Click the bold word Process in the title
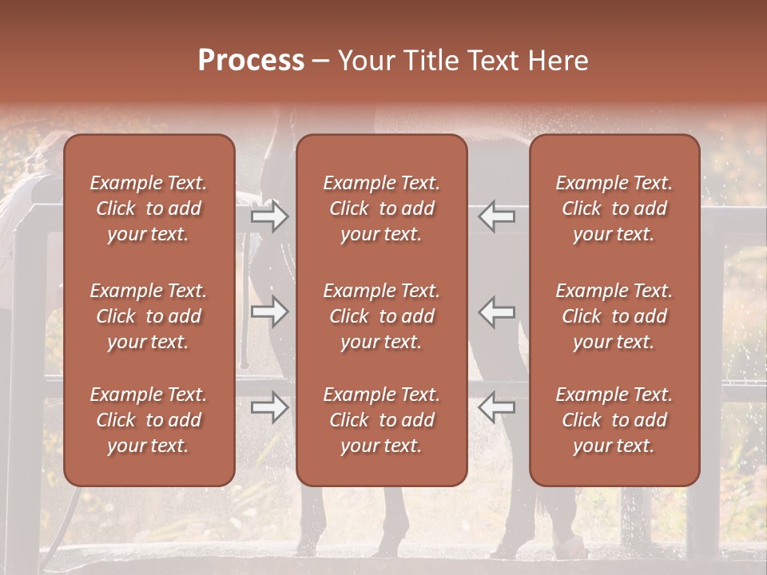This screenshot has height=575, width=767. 251,61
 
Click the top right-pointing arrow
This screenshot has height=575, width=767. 269,216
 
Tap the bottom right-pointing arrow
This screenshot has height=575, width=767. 269,407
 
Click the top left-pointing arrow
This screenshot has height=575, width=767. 496,216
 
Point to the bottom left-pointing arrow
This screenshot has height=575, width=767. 496,407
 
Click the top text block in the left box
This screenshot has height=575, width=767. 149,208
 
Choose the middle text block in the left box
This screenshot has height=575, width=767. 149,316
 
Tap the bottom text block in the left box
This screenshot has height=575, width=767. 149,420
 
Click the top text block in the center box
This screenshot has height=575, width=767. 382,208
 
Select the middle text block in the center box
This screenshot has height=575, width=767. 382,316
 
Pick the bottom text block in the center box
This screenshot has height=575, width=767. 382,420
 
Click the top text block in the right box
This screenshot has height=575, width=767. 614,208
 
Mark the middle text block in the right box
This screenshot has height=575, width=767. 614,316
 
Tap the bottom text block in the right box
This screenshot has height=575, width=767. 614,420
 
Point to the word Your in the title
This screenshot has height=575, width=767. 364,61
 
